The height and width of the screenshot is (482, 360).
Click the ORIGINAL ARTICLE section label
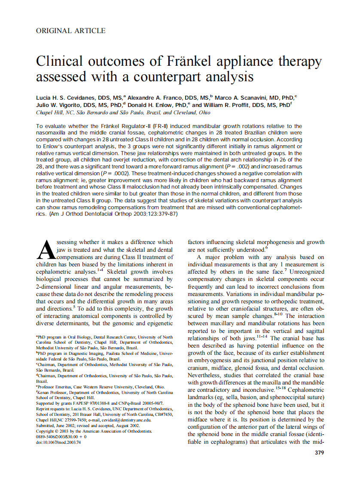coord(70,31)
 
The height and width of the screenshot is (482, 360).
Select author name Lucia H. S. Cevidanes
coord(69,98)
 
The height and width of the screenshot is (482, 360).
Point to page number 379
coord(319,452)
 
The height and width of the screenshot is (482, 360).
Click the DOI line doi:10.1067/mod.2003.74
coord(59,442)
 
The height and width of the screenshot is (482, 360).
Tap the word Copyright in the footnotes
coord(48,431)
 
